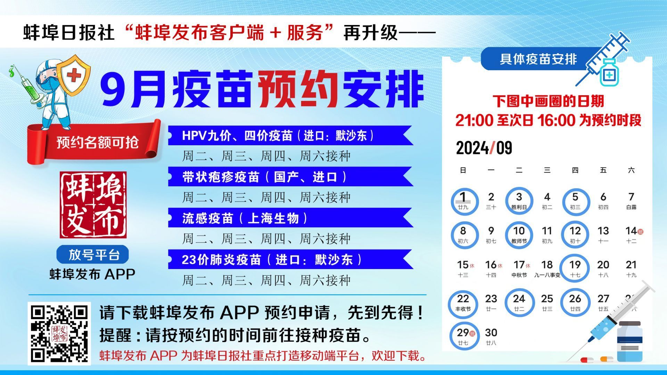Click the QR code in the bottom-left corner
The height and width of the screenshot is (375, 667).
click(59, 333)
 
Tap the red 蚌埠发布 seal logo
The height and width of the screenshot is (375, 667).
click(93, 205)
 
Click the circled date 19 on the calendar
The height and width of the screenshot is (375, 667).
click(575, 268)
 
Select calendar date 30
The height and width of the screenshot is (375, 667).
click(491, 336)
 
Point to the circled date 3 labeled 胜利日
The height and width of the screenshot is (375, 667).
click(519, 201)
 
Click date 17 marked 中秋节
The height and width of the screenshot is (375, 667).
click(520, 268)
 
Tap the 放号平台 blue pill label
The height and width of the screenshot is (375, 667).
click(93, 254)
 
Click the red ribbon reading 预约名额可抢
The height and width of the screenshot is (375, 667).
click(94, 142)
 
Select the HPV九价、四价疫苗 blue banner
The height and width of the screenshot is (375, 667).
click(290, 135)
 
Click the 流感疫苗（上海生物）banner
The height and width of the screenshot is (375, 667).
click(290, 218)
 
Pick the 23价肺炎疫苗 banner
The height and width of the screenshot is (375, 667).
click(290, 259)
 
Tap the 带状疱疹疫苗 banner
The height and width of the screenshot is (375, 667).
click(290, 177)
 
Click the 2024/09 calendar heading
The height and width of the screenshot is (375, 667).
click(484, 148)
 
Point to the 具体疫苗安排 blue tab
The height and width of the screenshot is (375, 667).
click(538, 59)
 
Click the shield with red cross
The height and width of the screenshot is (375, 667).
click(74, 75)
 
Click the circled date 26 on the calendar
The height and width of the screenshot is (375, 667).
click(575, 302)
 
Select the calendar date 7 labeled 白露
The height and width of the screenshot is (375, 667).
click(631, 201)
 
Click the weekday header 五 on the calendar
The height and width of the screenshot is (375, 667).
click(603, 170)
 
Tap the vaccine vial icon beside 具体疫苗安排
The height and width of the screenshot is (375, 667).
click(610, 72)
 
